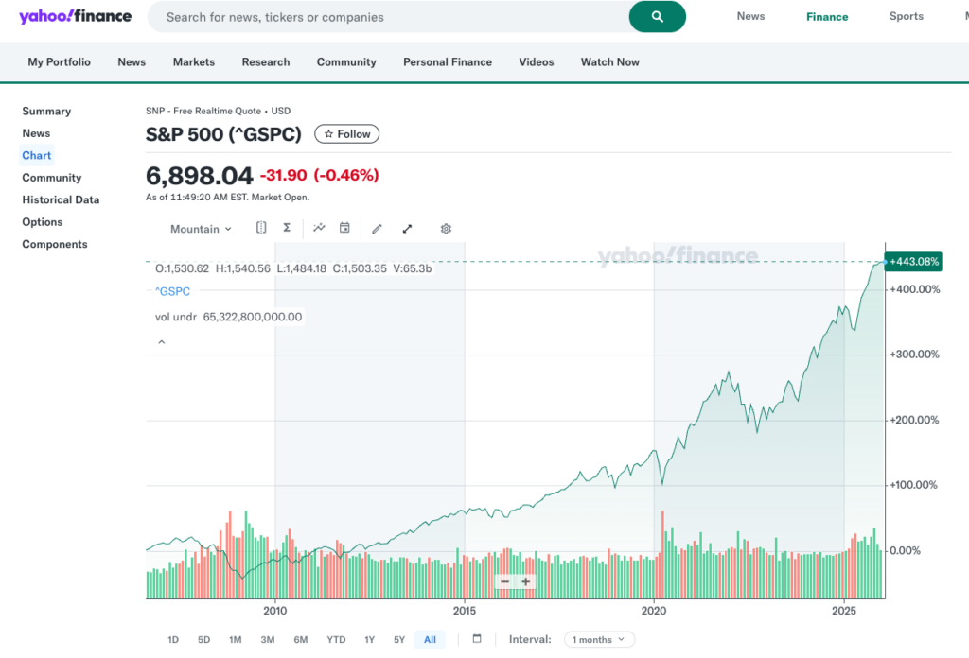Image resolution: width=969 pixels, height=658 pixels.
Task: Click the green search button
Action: [x=657, y=17]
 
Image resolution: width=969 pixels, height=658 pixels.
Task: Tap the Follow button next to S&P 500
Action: [x=347, y=134]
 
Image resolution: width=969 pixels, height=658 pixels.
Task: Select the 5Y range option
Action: [x=399, y=640]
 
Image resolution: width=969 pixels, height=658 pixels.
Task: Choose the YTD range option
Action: [x=336, y=640]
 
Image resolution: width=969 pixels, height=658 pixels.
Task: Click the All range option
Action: [x=430, y=640]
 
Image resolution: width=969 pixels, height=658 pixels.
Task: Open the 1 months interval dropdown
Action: [x=599, y=640]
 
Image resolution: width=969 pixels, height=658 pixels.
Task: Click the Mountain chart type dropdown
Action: [x=201, y=229]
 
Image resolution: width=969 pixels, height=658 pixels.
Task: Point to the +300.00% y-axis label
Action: [x=915, y=355]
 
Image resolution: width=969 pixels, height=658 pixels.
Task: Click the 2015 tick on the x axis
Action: [x=464, y=611]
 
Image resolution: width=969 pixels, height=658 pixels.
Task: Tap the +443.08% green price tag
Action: [x=913, y=262]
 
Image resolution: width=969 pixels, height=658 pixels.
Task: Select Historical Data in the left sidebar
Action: [x=61, y=199]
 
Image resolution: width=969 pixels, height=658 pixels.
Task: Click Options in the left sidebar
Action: [x=43, y=222]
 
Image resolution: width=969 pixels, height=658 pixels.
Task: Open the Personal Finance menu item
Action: [x=448, y=62]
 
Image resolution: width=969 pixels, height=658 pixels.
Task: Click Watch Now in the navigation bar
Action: [x=610, y=62]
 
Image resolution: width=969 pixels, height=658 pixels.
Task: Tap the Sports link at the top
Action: [x=906, y=16]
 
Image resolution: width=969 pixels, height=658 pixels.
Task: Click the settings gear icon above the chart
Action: [x=446, y=229]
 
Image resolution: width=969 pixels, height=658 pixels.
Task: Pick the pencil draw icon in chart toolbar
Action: [x=377, y=229]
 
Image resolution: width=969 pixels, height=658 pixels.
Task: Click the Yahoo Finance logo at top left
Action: [x=75, y=17]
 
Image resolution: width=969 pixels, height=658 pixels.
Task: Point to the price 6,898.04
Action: [x=200, y=176]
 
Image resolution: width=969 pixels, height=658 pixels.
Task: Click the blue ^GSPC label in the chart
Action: [x=172, y=292]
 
